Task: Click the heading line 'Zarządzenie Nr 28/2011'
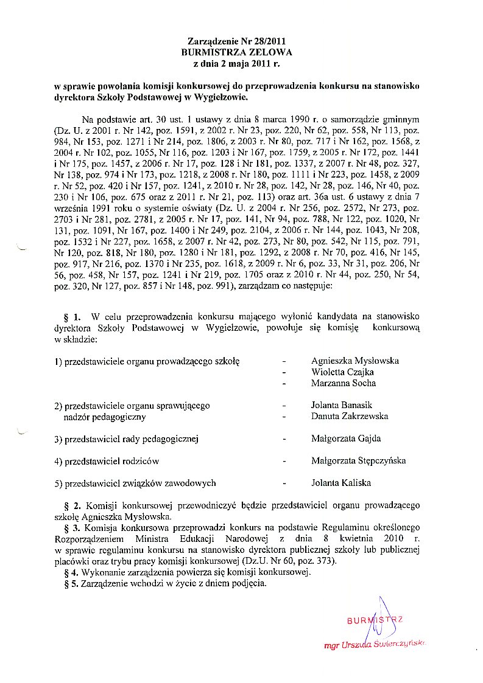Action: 237,41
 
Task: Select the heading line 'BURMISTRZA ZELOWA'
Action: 237,52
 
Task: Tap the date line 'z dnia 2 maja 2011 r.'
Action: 237,63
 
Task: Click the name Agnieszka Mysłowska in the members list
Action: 354,361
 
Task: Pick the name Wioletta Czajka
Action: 342,372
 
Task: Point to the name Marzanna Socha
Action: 343,383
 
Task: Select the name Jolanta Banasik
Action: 341,405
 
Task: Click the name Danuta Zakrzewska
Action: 349,417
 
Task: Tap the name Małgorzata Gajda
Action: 346,439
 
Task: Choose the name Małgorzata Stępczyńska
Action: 358,461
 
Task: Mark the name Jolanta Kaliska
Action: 340,483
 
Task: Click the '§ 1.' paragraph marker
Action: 72,317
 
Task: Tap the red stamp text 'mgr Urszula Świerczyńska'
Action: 375,644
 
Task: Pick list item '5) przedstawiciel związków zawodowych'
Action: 135,483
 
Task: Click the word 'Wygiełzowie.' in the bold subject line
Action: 222,96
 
